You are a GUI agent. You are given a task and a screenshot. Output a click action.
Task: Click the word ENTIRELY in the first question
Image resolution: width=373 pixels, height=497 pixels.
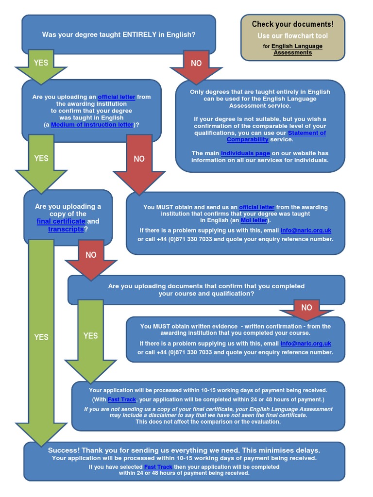(140, 34)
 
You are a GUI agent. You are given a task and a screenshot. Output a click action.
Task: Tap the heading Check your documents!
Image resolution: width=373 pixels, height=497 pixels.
(292, 24)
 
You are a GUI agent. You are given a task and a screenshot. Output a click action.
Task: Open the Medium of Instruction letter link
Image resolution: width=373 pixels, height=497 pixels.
(92, 125)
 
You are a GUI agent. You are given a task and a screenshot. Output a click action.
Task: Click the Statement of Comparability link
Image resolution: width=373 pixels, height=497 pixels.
(276, 136)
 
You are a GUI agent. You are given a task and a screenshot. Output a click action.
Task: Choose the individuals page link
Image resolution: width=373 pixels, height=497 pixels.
(245, 153)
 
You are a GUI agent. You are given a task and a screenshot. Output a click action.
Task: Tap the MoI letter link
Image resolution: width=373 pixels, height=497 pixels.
(254, 220)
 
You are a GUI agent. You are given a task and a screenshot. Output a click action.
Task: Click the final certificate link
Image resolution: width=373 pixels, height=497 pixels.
(61, 221)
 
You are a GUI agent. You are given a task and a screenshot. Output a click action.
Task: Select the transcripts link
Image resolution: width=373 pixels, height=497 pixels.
(66, 229)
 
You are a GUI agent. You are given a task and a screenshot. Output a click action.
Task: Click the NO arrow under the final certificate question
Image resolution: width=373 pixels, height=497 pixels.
(91, 258)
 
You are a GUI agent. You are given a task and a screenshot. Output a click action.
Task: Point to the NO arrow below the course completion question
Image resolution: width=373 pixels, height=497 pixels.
(306, 308)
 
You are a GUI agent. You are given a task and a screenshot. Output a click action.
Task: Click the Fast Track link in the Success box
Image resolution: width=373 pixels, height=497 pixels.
(158, 467)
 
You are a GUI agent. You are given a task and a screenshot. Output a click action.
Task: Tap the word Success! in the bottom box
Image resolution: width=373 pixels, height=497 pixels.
(66, 450)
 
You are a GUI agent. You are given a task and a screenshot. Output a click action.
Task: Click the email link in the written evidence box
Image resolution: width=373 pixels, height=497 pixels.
(305, 344)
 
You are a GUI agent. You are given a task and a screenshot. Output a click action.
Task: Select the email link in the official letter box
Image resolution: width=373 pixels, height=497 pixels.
(305, 230)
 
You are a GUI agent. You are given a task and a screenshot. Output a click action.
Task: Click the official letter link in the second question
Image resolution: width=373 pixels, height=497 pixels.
(117, 97)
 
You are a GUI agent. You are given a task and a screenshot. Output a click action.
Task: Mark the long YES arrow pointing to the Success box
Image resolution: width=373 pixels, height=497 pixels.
(41, 337)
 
